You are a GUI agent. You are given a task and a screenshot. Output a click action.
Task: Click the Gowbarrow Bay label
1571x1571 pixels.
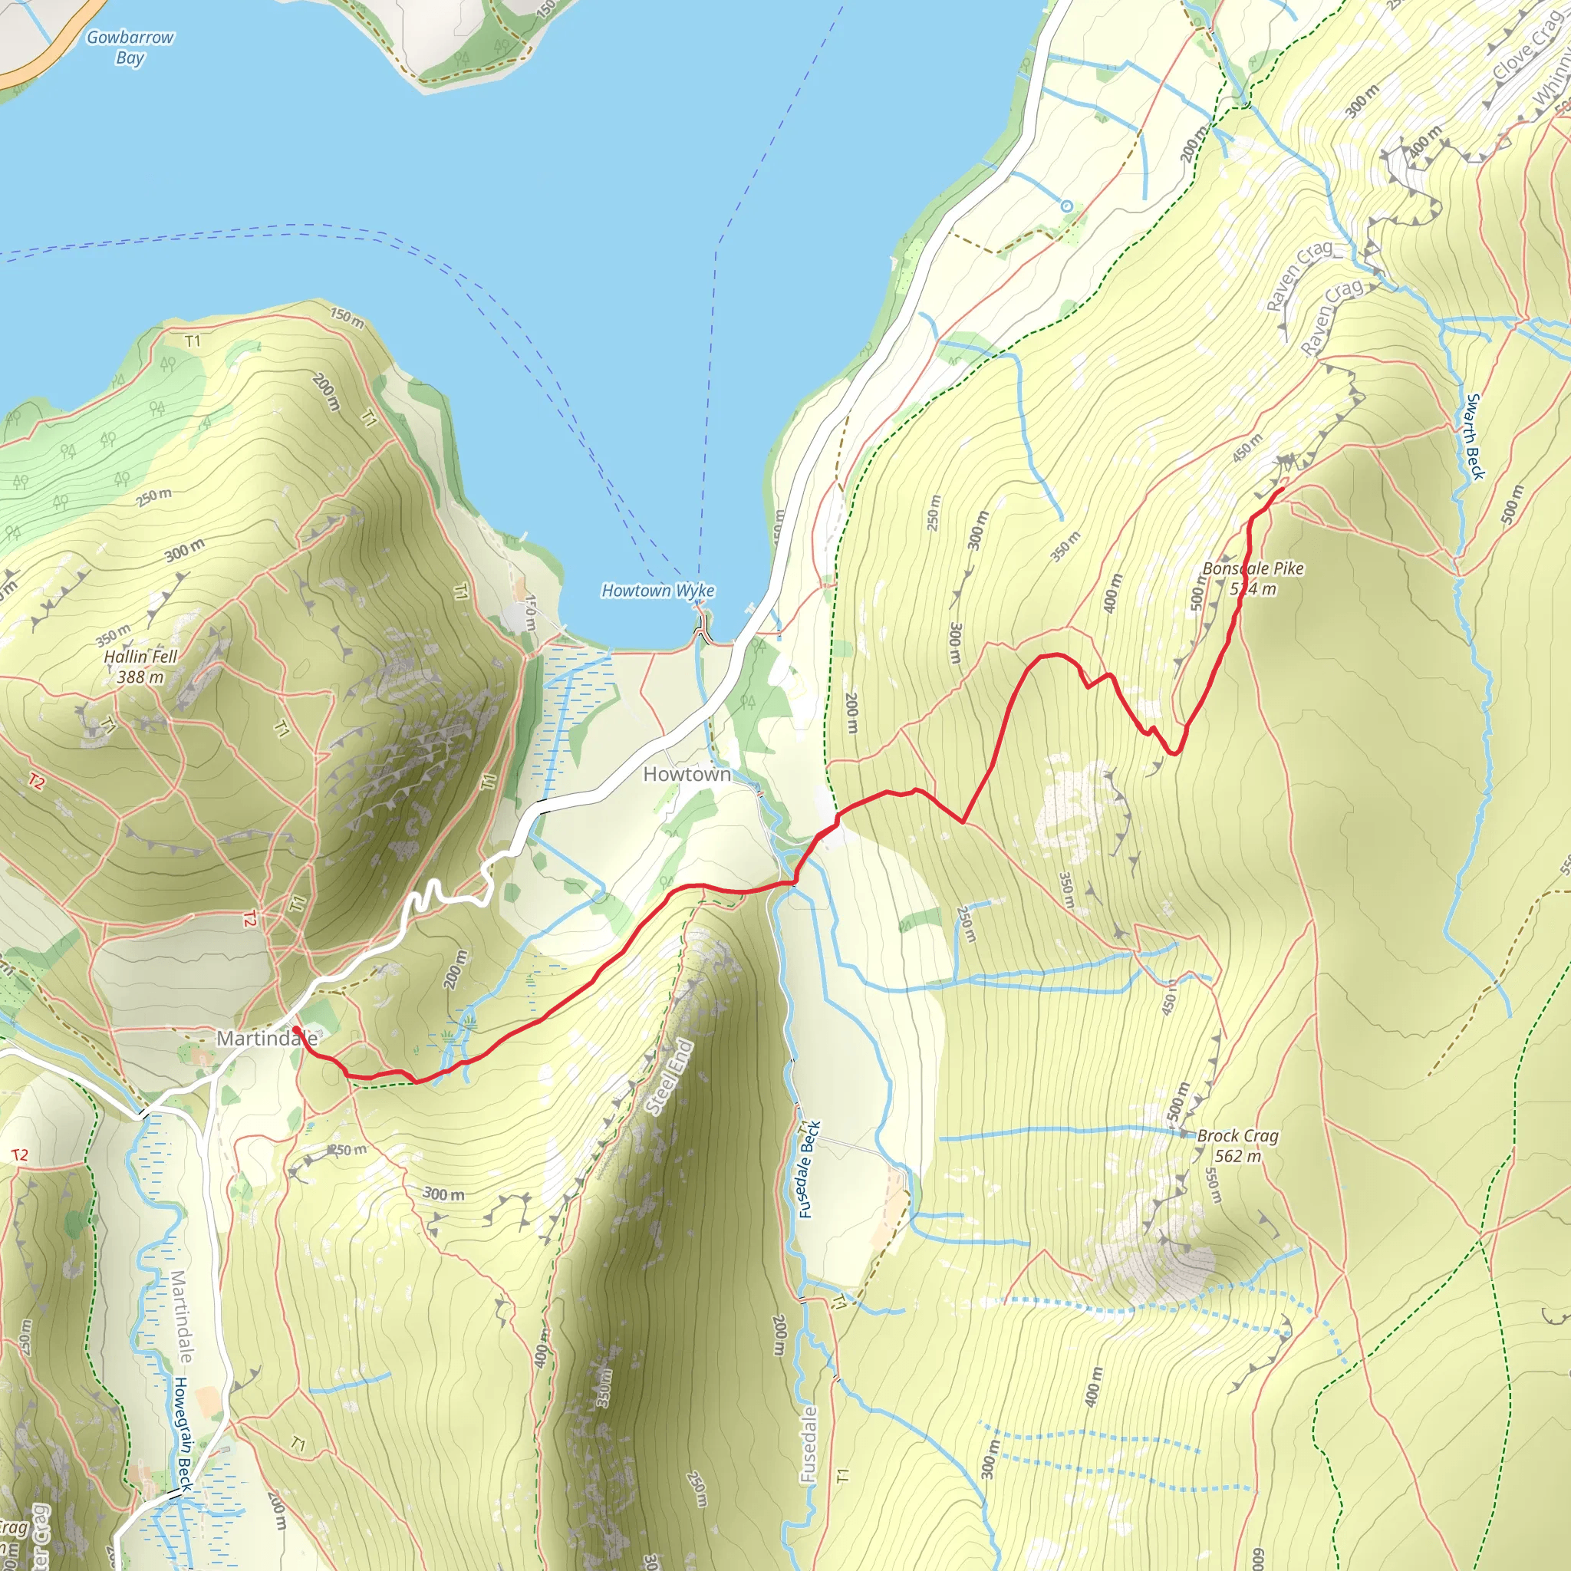[x=130, y=47]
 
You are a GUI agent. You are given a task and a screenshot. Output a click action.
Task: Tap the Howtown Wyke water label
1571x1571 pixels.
[x=657, y=591]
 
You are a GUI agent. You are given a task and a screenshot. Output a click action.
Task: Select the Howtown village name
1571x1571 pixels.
[x=687, y=774]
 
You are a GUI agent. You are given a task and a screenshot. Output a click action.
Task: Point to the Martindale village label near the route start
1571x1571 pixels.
[x=266, y=1039]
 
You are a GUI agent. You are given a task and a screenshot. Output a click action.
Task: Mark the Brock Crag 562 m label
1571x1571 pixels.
[x=1237, y=1146]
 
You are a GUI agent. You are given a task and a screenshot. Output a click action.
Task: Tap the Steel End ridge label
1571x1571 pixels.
[x=668, y=1078]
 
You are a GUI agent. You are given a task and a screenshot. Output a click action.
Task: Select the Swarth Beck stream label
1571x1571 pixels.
[x=1474, y=436]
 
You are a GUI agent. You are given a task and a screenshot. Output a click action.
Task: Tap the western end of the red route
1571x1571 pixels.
[x=295, y=1029]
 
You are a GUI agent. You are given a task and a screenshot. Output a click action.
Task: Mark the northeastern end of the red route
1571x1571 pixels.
[x=1283, y=489]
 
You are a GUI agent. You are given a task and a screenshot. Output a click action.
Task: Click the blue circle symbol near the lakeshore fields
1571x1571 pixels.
[x=1066, y=206]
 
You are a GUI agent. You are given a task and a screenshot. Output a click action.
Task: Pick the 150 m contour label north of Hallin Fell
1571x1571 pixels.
[x=347, y=317]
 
